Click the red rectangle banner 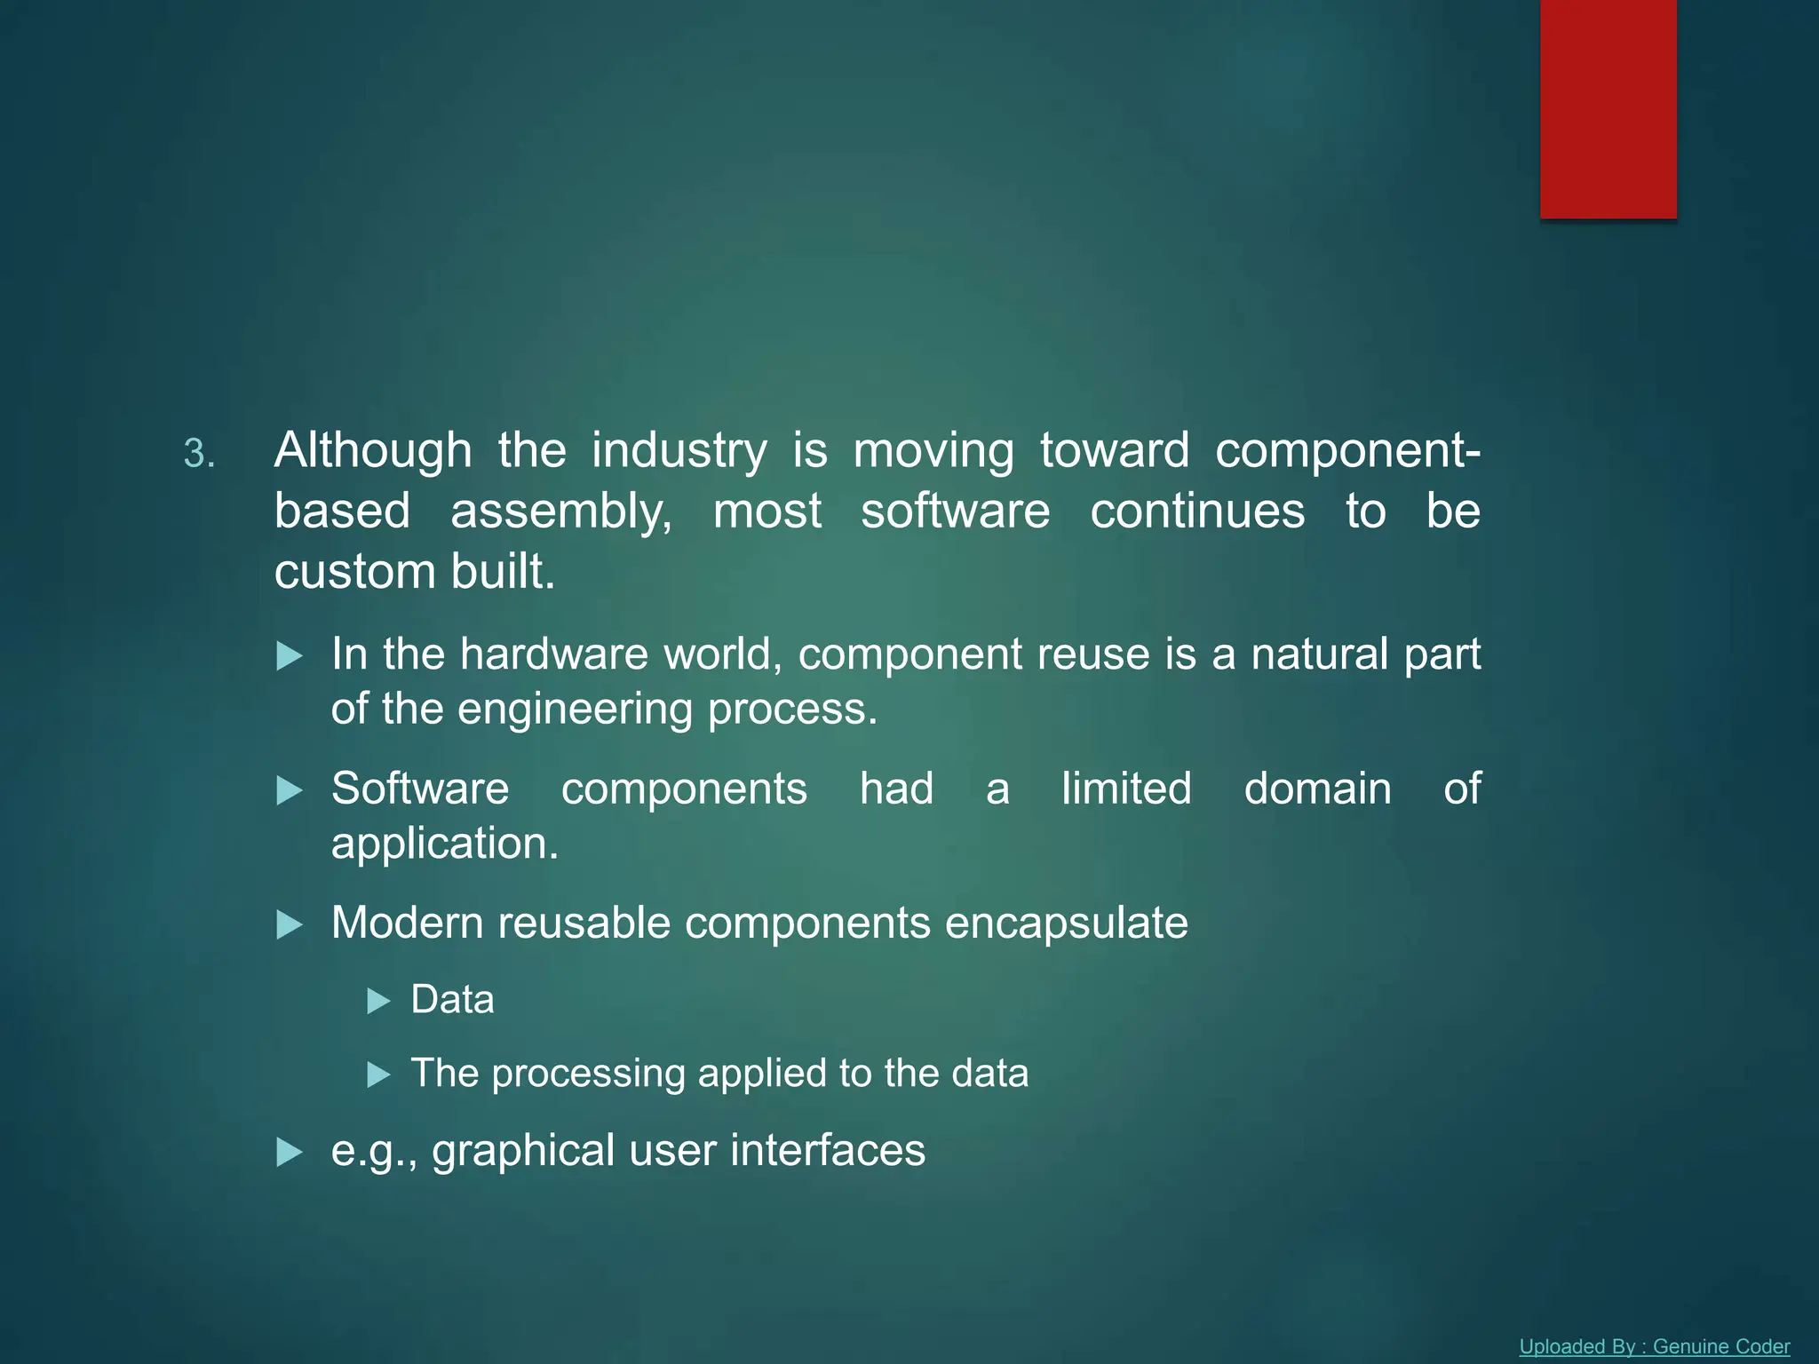click(1608, 108)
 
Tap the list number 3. click(198, 454)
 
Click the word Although click(373, 450)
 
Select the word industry click(679, 450)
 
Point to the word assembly click(560, 512)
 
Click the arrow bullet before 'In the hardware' click(290, 657)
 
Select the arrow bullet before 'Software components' click(290, 790)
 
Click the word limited click(1126, 789)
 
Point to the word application click(444, 844)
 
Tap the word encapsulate click(1066, 924)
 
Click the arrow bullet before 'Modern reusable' click(290, 925)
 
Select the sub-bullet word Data click(452, 1000)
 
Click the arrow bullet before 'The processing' click(379, 1075)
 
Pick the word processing click(589, 1075)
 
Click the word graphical click(523, 1152)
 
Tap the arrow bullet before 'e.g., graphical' click(290, 1153)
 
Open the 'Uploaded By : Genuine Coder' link click(1654, 1346)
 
